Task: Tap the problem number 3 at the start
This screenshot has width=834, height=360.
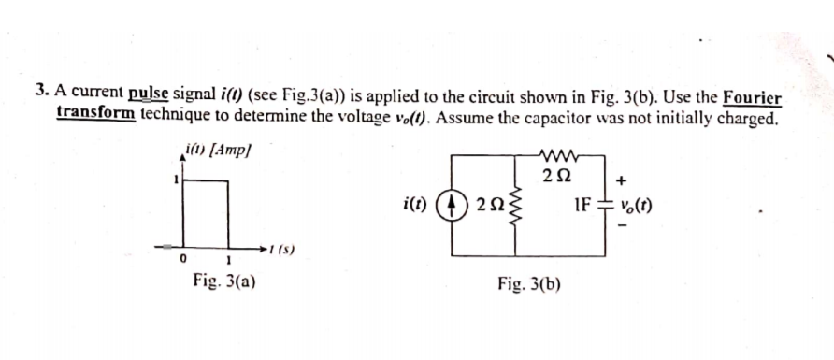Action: coord(41,92)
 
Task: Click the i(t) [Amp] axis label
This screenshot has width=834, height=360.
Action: coord(218,150)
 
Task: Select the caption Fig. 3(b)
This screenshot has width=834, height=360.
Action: coord(529,281)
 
